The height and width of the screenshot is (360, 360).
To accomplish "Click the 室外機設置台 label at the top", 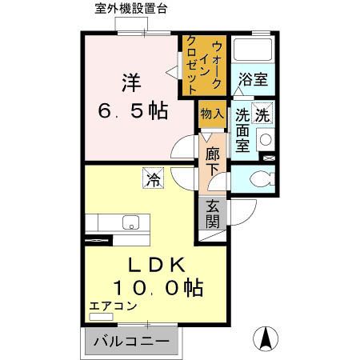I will tap(142, 10).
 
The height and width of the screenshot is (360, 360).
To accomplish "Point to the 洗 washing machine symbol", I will tap(262, 114).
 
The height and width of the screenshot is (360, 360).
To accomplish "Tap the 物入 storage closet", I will tap(211, 114).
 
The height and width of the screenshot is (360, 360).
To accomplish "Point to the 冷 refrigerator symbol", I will tap(152, 179).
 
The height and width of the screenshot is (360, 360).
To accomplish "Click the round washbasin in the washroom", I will tap(266, 138).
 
